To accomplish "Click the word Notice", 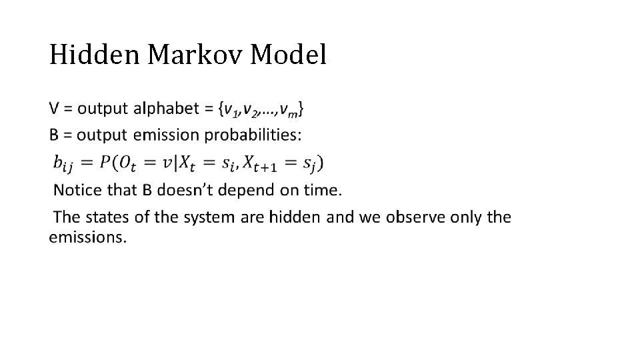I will click(75, 190).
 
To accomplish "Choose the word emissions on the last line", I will click(87, 237).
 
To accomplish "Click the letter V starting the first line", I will click(55, 108).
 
